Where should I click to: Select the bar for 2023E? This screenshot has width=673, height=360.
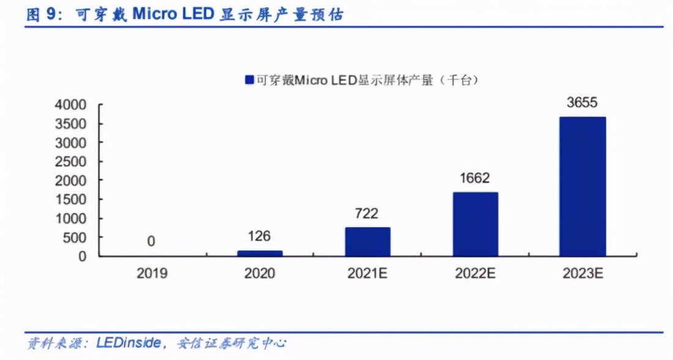pyautogui.click(x=582, y=187)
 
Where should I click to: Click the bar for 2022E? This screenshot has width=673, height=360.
pyautogui.click(x=475, y=224)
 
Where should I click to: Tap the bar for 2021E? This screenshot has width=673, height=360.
pyautogui.click(x=367, y=242)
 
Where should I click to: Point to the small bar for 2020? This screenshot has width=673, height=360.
pyautogui.click(x=259, y=253)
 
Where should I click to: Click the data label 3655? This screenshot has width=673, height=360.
pyautogui.click(x=582, y=103)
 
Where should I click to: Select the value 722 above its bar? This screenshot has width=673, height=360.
pyautogui.click(x=367, y=214)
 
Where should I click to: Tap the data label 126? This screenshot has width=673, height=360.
pyautogui.click(x=259, y=236)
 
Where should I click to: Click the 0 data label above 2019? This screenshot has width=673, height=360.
pyautogui.click(x=151, y=241)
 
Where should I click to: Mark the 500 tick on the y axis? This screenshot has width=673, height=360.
pyautogui.click(x=76, y=238)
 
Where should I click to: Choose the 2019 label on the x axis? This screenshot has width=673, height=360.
pyautogui.click(x=151, y=273)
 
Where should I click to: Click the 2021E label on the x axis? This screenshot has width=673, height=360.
pyautogui.click(x=367, y=273)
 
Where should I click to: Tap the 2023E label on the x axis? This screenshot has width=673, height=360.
pyautogui.click(x=582, y=273)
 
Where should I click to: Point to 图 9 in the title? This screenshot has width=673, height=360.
pyautogui.click(x=42, y=15)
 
